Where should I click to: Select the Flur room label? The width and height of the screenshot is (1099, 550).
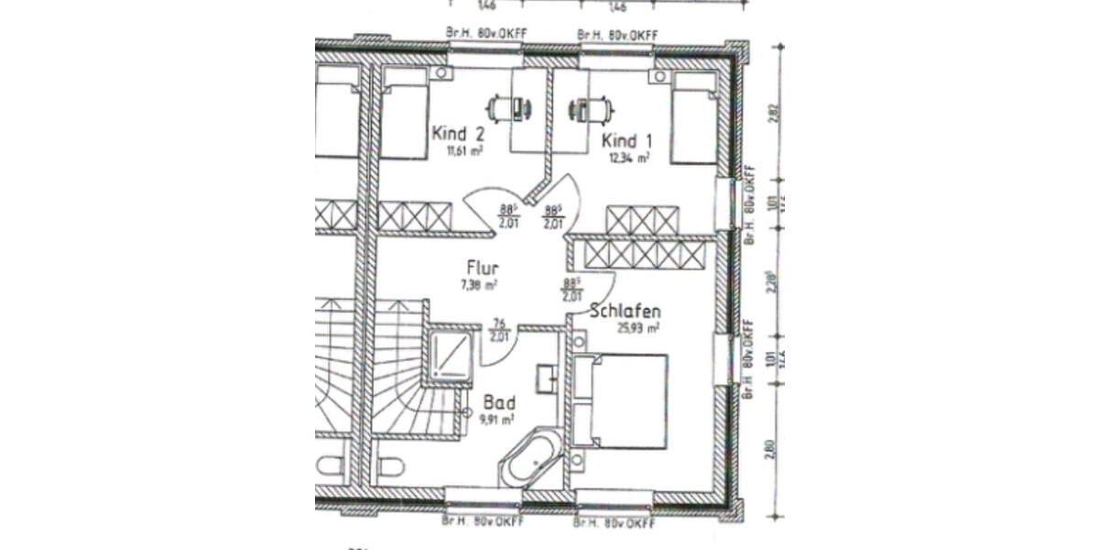click(x=482, y=269)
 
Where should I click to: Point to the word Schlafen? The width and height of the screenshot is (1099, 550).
click(x=626, y=311)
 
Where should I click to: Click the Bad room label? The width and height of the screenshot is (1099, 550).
click(x=499, y=403)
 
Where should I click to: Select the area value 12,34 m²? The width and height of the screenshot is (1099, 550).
click(x=629, y=158)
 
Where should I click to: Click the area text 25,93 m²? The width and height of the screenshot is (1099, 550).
click(x=639, y=327)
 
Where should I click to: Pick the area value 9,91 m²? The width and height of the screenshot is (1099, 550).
click(x=497, y=419)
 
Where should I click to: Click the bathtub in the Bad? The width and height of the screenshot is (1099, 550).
click(x=530, y=460)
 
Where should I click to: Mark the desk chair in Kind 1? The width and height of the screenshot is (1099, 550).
click(x=582, y=109)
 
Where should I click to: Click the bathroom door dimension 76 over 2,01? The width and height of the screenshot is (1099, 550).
click(x=499, y=329)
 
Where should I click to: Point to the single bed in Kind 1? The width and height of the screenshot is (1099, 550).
click(x=692, y=118)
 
